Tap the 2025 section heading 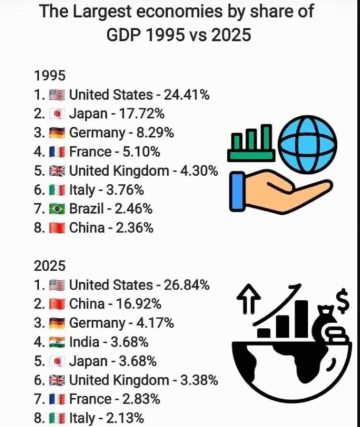50,265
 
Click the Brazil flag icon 57,209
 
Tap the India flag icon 57,342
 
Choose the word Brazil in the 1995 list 86,209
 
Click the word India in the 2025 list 84,342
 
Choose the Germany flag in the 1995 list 57,133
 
